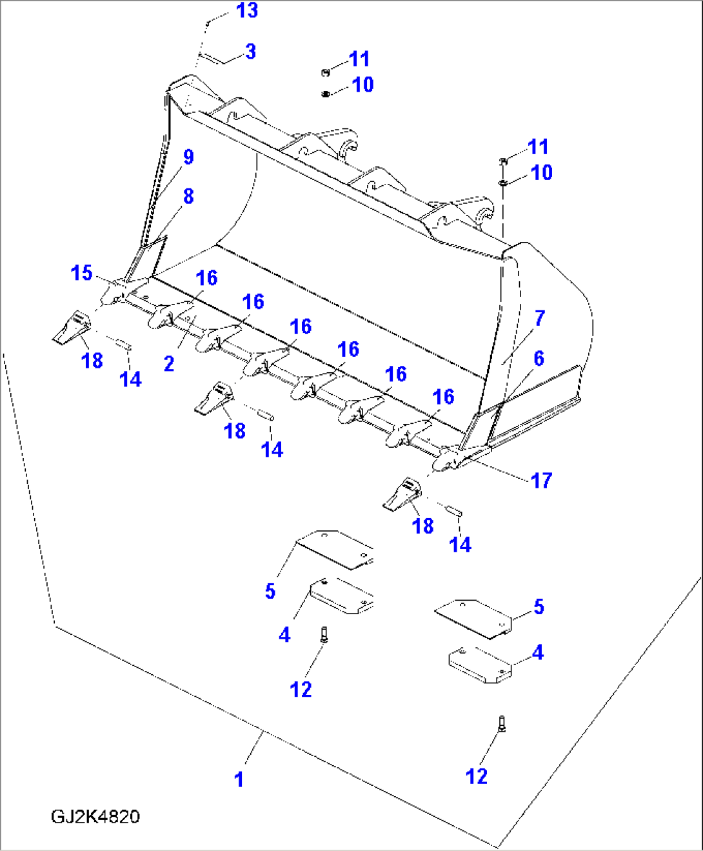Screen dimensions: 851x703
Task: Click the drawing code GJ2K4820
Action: pyautogui.click(x=95, y=817)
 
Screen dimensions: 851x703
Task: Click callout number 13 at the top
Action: pyautogui.click(x=247, y=11)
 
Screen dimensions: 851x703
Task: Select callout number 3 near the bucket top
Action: pyautogui.click(x=251, y=52)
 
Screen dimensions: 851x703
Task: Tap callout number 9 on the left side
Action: pyautogui.click(x=188, y=157)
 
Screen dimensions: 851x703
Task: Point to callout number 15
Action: pyautogui.click(x=81, y=273)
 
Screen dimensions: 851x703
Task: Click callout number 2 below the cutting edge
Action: pyautogui.click(x=169, y=364)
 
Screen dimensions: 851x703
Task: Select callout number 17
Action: pyautogui.click(x=541, y=481)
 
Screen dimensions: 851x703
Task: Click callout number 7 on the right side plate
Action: pyautogui.click(x=540, y=318)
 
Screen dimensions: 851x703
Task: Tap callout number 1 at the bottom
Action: pyautogui.click(x=239, y=779)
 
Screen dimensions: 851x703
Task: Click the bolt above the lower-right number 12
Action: pyautogui.click(x=502, y=723)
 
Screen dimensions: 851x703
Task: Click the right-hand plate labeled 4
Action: pyautogui.click(x=480, y=665)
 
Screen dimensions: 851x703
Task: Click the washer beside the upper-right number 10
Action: pyautogui.click(x=502, y=183)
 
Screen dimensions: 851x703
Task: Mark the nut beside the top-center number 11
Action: pyautogui.click(x=326, y=72)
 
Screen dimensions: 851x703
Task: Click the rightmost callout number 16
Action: pyautogui.click(x=443, y=397)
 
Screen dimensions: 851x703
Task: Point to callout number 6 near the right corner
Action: pyautogui.click(x=539, y=359)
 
